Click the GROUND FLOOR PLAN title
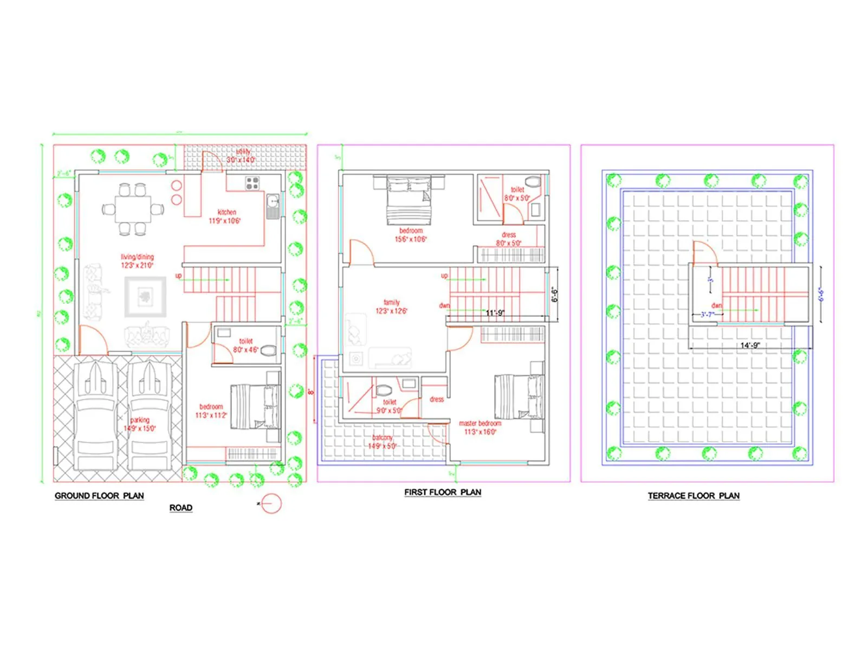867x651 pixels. coord(99,495)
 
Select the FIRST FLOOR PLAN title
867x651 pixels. coord(443,492)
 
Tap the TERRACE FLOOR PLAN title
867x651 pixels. coord(694,495)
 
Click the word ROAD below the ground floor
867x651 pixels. coord(180,508)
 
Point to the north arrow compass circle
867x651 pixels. coord(272,504)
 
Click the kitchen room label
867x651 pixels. coord(227,213)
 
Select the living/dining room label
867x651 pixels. coord(137,257)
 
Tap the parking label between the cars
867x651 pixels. coord(139,420)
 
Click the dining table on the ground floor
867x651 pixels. coord(133,209)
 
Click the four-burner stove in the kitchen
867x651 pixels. coord(253,183)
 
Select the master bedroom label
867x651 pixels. coord(480,424)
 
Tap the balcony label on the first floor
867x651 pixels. coord(383,438)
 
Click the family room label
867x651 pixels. coord(391,303)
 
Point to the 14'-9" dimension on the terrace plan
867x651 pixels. coord(750,345)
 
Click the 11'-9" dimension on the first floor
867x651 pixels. coord(495,313)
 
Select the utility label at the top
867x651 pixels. coord(243,152)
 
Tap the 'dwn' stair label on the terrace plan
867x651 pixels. coord(716,305)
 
